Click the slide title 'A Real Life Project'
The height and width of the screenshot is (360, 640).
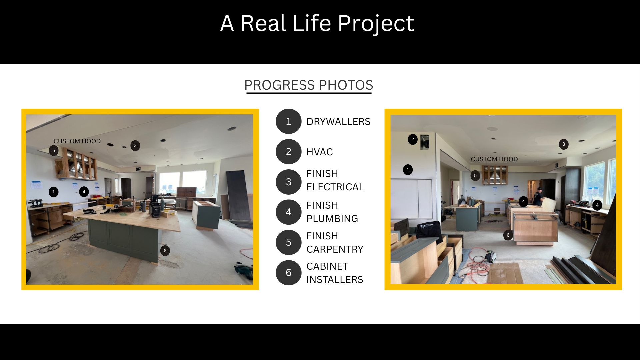[x=317, y=23]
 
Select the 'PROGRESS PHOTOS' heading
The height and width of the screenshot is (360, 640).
[x=309, y=85]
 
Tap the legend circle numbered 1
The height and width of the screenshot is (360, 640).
[x=289, y=121]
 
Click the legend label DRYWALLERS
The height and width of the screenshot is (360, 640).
[x=338, y=122]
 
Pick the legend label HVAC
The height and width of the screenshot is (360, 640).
[x=320, y=152]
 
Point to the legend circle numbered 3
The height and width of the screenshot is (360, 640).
[x=289, y=182]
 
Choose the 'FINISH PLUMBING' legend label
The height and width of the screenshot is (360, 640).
[x=332, y=212]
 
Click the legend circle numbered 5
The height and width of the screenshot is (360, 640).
[x=289, y=242]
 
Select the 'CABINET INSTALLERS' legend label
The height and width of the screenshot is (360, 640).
[x=335, y=273]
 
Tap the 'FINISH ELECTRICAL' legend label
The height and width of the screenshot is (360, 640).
[x=335, y=180]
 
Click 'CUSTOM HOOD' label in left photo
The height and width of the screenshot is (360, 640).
[x=77, y=141]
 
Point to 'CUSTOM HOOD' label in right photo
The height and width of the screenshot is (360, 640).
[x=494, y=159]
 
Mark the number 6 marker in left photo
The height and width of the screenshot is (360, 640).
[x=165, y=251]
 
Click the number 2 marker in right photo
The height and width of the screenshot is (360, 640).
[x=413, y=139]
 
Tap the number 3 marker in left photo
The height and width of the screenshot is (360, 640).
[x=135, y=146]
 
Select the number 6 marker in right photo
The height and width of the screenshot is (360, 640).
[x=508, y=235]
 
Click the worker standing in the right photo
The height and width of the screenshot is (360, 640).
[x=537, y=196]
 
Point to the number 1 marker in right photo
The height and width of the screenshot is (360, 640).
[x=408, y=170]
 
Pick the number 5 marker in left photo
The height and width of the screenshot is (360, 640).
[x=53, y=150]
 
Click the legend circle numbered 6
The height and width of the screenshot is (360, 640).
[x=289, y=273]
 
